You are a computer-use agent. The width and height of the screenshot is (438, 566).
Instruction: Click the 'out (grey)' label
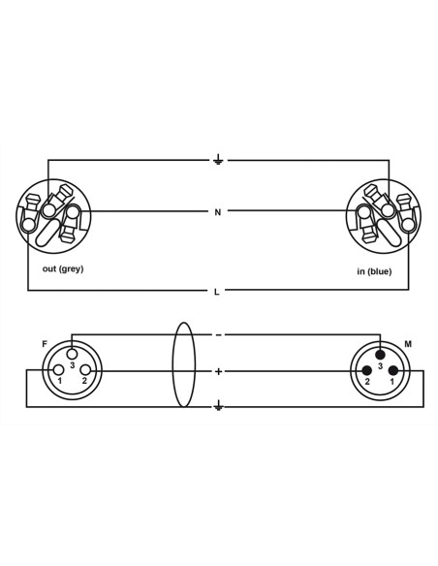(63, 268)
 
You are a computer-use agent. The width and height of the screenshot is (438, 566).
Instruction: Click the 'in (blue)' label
(374, 271)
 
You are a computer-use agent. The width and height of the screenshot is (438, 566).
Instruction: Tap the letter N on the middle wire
(218, 212)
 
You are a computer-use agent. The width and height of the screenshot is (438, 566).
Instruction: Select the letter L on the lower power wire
(216, 292)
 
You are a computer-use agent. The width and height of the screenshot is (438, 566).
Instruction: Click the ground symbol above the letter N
(218, 159)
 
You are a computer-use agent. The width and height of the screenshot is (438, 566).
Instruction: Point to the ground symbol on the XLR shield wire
(218, 406)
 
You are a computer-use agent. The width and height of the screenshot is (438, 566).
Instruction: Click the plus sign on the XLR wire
(218, 371)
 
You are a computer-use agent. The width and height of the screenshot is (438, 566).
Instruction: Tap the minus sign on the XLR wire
(219, 335)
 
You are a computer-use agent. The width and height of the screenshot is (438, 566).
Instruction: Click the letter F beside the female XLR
(45, 344)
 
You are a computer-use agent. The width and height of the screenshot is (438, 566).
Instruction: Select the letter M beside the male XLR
(408, 344)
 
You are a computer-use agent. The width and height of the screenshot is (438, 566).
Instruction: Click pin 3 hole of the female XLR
(72, 353)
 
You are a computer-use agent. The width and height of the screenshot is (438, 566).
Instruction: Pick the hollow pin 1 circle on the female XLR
(59, 370)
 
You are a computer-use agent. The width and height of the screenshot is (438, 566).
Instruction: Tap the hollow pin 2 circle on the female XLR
(85, 370)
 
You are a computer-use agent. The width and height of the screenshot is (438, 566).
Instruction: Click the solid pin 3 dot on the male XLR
(380, 355)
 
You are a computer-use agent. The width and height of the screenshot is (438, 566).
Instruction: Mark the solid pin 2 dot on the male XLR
(367, 370)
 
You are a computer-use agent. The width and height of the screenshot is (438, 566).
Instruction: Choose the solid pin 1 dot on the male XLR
(393, 370)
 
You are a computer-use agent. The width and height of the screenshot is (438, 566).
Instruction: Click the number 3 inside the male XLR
(380, 366)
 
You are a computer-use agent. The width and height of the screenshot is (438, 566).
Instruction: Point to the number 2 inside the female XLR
(84, 381)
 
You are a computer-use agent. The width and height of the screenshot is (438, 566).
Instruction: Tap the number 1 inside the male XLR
(391, 382)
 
